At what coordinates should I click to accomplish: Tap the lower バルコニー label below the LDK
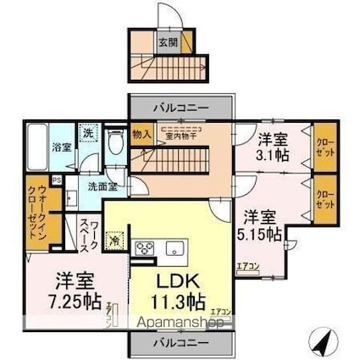[x=180, y=344]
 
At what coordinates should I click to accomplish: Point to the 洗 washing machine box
[x=87, y=133]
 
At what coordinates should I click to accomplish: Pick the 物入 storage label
[x=141, y=133]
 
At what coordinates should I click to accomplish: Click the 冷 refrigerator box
[x=114, y=241]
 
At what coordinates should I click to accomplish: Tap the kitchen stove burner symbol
[x=144, y=247]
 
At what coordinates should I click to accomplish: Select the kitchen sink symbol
[x=175, y=248]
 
